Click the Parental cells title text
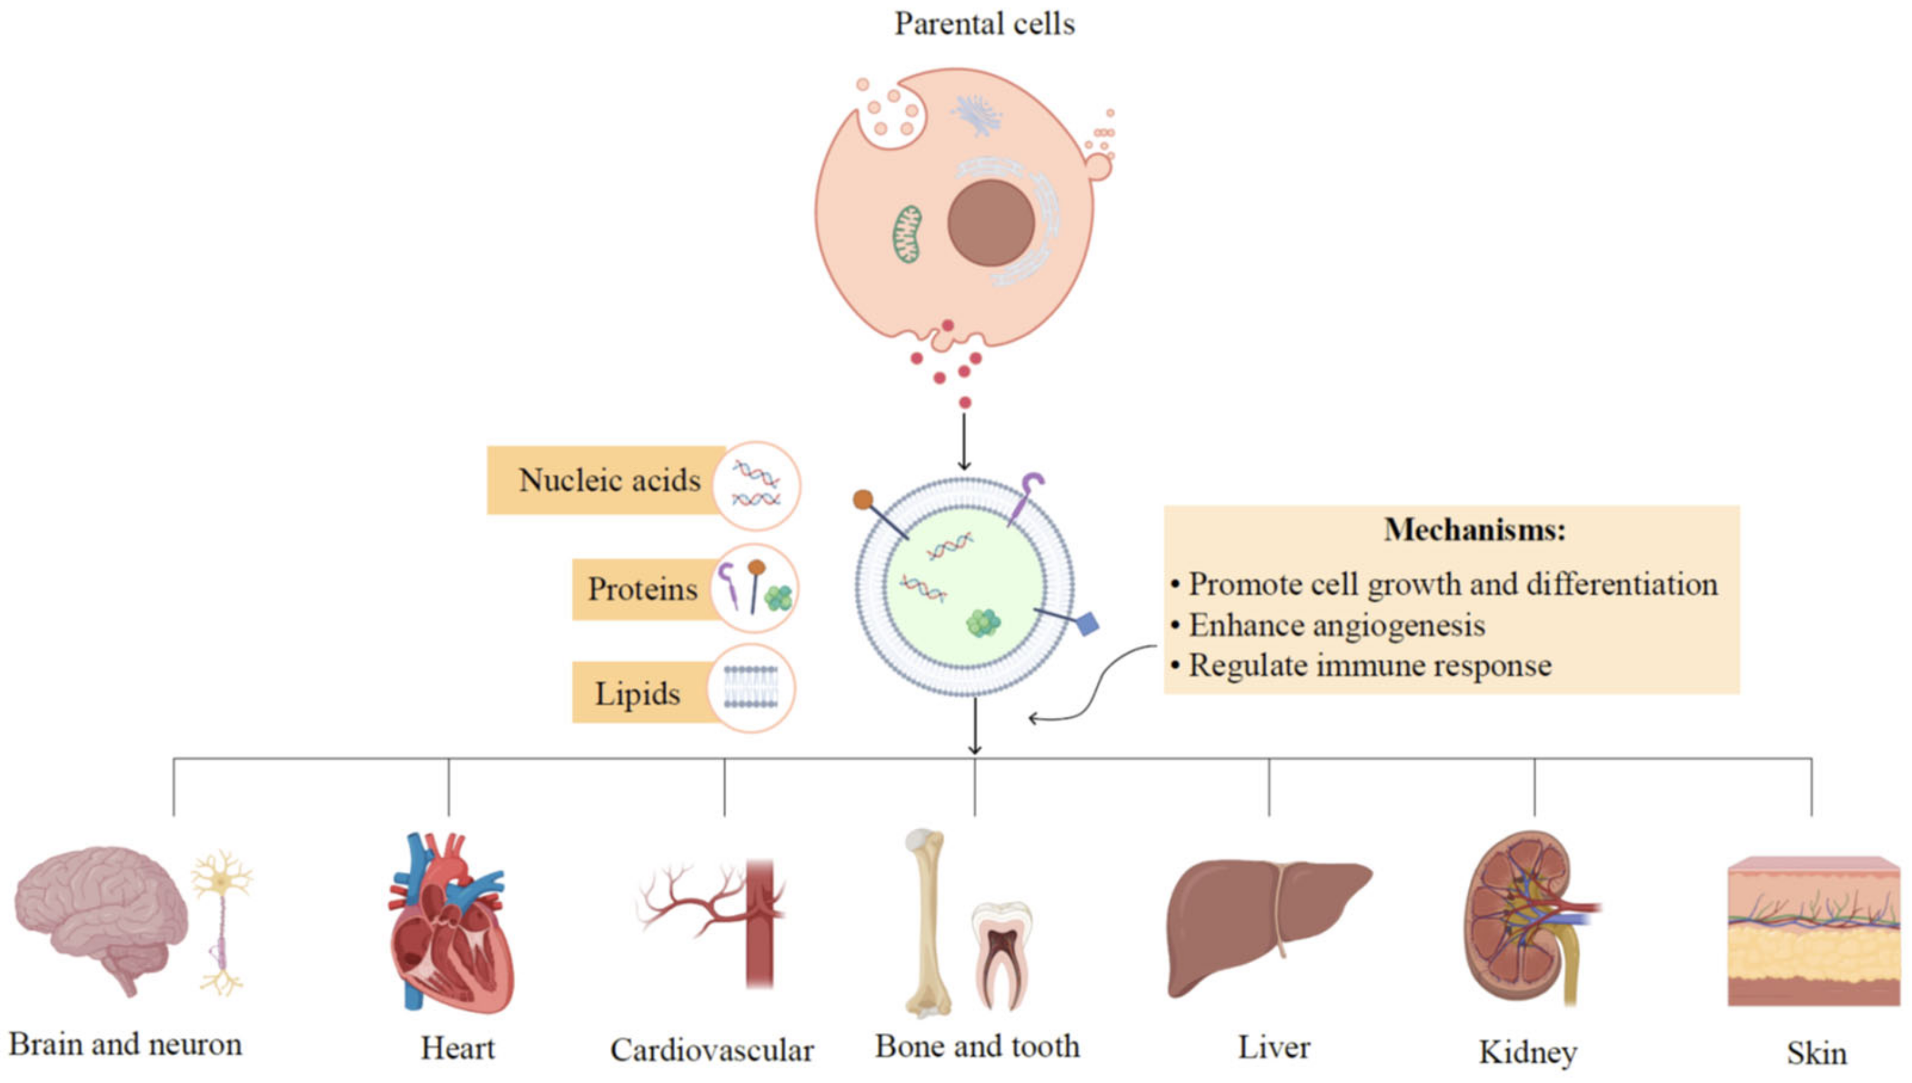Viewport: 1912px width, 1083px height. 984,24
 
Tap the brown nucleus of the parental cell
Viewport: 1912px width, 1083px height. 991,223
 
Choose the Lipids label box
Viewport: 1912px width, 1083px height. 636,693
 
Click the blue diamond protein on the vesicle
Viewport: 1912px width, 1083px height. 1087,623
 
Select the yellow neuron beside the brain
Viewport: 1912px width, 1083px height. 222,919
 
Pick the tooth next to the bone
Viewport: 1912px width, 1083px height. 1001,952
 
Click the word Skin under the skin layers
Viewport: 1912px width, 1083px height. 1816,1053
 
